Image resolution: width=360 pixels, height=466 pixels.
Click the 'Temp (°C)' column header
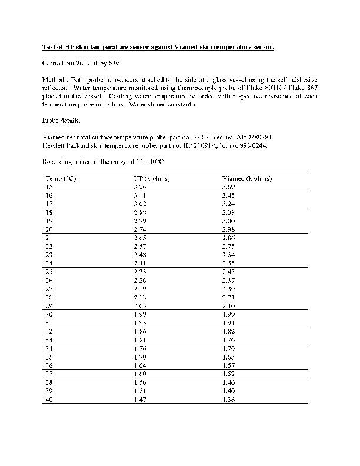[60, 178]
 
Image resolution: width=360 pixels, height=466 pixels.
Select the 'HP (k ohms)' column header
[152, 178]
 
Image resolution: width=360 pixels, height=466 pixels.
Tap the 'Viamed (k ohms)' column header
[246, 178]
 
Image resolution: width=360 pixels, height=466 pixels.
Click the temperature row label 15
[49, 186]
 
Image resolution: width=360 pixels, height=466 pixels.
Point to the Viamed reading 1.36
[228, 400]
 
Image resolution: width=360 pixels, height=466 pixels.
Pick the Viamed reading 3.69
[228, 186]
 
